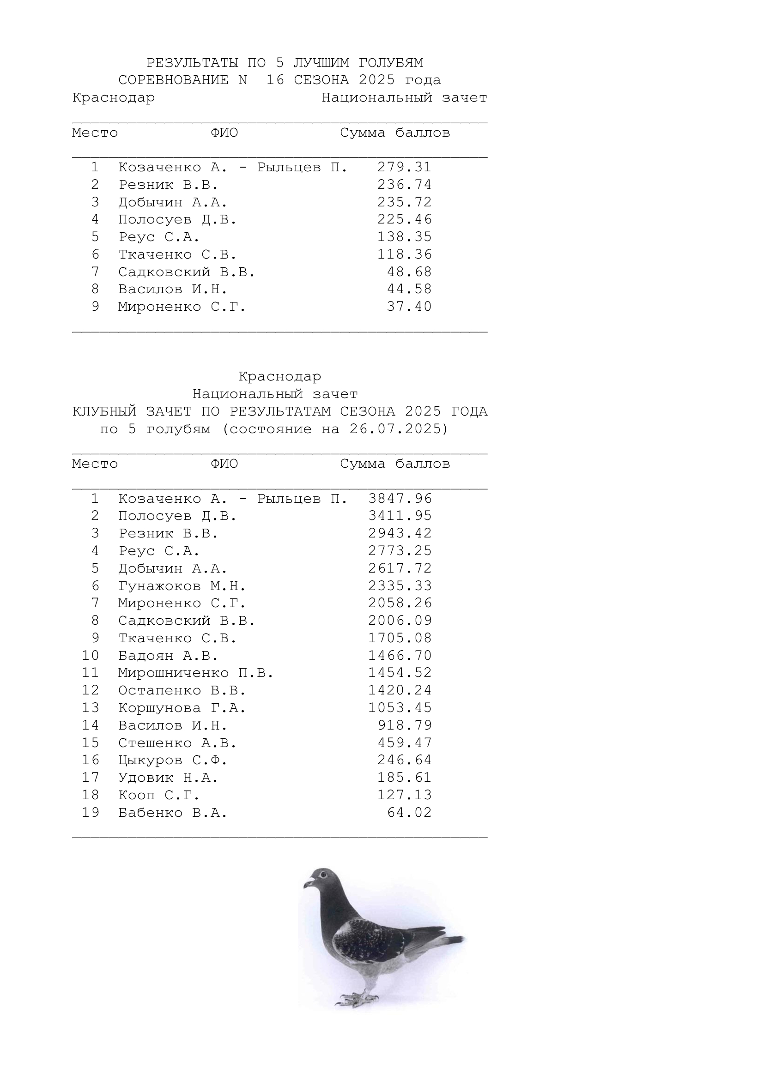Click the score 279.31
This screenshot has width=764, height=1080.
(404, 167)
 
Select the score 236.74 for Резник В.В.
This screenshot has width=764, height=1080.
(404, 184)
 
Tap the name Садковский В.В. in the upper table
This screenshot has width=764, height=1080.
(186, 272)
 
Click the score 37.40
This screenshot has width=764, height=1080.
(409, 307)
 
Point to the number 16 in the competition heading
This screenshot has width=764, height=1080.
(275, 80)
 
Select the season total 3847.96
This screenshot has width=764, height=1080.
(400, 499)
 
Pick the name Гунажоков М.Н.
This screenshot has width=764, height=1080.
(182, 585)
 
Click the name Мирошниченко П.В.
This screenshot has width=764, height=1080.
(195, 673)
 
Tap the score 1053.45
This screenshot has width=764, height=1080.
(400, 707)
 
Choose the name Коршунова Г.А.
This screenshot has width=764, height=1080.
(182, 707)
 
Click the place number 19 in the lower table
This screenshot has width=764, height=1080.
(91, 812)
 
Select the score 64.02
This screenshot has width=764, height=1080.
(409, 812)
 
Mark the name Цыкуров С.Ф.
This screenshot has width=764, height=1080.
(172, 760)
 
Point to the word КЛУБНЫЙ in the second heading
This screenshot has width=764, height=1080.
(104, 411)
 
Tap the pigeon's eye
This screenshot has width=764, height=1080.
(323, 874)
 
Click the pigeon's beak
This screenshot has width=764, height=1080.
(308, 884)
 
